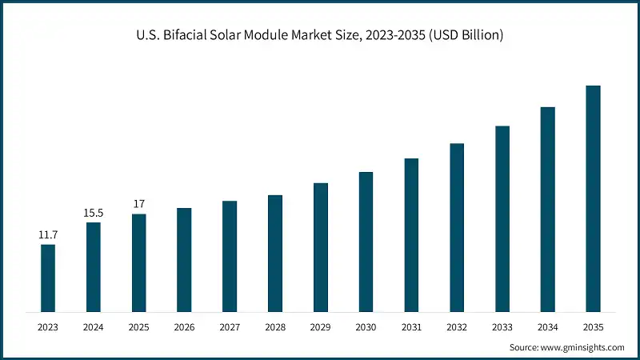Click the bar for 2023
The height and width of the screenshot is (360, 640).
click(x=48, y=278)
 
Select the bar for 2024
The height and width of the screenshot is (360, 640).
click(x=94, y=266)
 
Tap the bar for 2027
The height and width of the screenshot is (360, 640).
click(x=230, y=256)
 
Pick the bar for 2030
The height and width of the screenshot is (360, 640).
click(x=366, y=242)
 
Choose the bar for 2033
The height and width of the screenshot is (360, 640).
click(x=502, y=218)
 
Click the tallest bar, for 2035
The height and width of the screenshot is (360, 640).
click(x=593, y=198)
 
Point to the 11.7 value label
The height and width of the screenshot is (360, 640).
click(x=48, y=235)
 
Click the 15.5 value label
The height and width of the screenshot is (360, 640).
click(x=94, y=213)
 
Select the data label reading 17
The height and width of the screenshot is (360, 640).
click(x=138, y=204)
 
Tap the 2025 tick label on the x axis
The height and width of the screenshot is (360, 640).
click(x=138, y=327)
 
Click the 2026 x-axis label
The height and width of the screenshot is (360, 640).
click(x=184, y=327)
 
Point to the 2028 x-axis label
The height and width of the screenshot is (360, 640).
click(x=275, y=327)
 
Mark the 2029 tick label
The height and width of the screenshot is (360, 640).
click(x=321, y=327)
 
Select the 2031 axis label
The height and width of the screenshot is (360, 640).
click(x=411, y=327)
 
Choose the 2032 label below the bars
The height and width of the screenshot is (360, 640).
click(x=457, y=327)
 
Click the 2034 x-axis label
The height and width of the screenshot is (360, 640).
click(x=547, y=327)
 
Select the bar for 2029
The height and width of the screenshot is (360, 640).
click(x=321, y=247)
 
